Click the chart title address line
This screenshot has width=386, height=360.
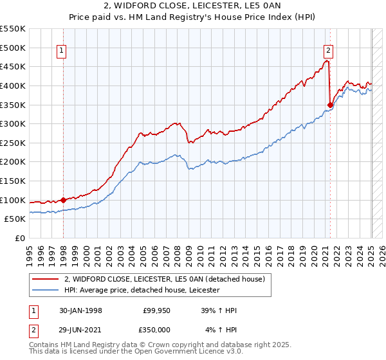pos(192,7)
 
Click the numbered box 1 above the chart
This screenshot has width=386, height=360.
pos(62,53)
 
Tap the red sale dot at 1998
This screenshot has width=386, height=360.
pos(63,200)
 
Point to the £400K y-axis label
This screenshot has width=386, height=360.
pos(13,85)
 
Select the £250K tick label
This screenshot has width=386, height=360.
pos(13,143)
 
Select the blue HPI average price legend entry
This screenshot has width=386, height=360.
pos(142,291)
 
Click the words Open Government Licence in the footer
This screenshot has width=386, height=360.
pos(177,352)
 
